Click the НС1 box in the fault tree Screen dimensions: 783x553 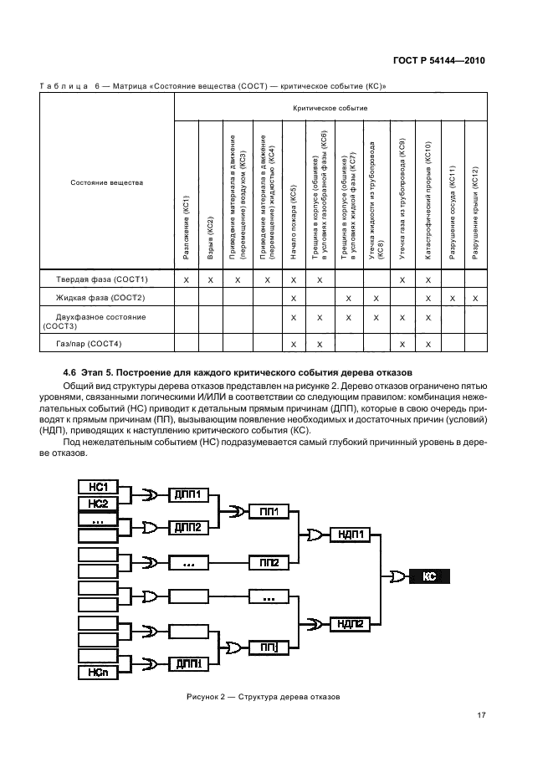pos(100,487)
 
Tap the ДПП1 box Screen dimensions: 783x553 pos(187,494)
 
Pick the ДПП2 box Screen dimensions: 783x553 pos(187,528)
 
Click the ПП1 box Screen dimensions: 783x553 pos(269,512)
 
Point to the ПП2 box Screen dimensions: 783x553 pos(269,563)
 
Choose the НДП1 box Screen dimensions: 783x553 pos(351,533)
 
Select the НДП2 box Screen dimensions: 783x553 pos(351,623)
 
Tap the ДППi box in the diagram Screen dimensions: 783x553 pos(187,664)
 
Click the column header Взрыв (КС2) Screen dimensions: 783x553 pos(210,235)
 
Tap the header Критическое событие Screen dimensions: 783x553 pos(330,108)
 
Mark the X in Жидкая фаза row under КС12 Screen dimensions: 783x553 pos(475,298)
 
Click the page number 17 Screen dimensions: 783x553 pos(481,714)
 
